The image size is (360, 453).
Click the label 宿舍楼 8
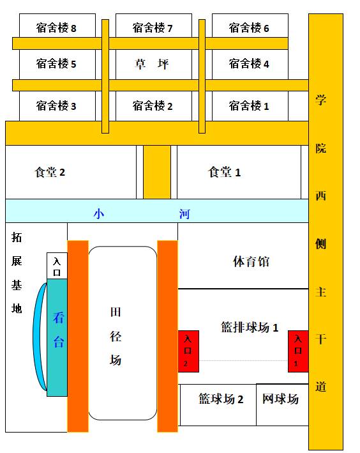click(56, 28)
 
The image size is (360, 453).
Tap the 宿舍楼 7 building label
click(153, 28)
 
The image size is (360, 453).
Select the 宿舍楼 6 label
click(249, 28)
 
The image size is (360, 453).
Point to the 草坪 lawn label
click(151, 64)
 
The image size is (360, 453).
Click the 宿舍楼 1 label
click(249, 105)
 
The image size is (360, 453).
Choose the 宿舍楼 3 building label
click(56, 105)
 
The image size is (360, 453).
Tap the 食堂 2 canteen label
click(50, 172)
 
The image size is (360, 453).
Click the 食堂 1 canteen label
click(224, 172)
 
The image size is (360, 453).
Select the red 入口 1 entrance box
click(298, 351)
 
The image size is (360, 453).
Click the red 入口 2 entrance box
click(188, 351)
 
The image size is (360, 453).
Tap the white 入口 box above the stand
click(57, 266)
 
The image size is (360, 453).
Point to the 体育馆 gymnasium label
click(251, 261)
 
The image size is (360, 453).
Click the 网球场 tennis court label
click(280, 399)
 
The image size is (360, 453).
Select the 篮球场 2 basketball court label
click(221, 399)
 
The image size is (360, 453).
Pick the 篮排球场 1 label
click(250, 327)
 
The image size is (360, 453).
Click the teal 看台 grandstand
click(57, 337)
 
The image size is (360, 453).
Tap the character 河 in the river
click(184, 214)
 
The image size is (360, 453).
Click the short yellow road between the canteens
click(157, 172)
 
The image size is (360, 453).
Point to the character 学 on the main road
click(320, 100)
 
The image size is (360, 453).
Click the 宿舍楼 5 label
click(56, 64)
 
